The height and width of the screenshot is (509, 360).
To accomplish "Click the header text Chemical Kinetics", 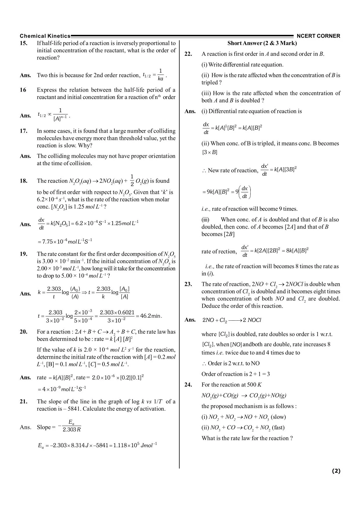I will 45,36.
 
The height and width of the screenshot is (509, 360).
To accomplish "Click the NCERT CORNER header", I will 318,36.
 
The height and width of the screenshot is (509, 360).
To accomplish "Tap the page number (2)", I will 336,471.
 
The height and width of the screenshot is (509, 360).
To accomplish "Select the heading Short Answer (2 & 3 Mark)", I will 262,43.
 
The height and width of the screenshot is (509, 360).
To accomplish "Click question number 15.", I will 24,43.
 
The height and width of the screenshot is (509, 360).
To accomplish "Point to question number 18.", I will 24,181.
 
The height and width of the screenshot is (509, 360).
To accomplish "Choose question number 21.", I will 24,401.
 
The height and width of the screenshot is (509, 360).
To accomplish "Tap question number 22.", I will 188,54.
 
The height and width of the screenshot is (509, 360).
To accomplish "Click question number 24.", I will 188,385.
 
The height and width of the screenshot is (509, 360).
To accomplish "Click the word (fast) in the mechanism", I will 278,427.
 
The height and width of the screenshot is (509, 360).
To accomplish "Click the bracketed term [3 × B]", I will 210,152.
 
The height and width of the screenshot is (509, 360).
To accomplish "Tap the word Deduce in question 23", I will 211,306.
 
